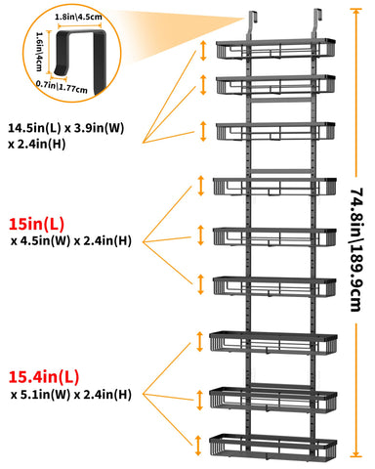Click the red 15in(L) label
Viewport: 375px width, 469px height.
click(36, 224)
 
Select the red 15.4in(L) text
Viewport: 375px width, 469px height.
click(44, 377)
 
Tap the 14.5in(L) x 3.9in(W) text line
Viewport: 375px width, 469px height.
click(66, 128)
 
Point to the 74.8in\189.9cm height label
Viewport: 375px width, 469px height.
click(356, 249)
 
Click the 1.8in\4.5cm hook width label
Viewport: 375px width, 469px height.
click(78, 17)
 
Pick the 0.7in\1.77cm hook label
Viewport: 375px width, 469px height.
click(62, 87)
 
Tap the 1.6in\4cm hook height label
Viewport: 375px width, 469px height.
click(39, 52)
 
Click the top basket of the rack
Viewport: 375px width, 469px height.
click(275, 49)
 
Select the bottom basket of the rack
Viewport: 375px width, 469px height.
click(273, 446)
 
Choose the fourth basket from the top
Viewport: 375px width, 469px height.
click(275, 187)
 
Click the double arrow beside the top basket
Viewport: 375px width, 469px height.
click(203, 51)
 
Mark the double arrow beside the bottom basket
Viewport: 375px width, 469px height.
click(198, 446)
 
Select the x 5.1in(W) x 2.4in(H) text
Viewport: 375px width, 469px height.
click(71, 395)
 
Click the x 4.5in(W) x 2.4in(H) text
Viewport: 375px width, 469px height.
click(71, 241)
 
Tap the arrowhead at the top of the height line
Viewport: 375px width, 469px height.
click(355, 12)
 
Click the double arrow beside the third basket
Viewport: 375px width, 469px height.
click(203, 131)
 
